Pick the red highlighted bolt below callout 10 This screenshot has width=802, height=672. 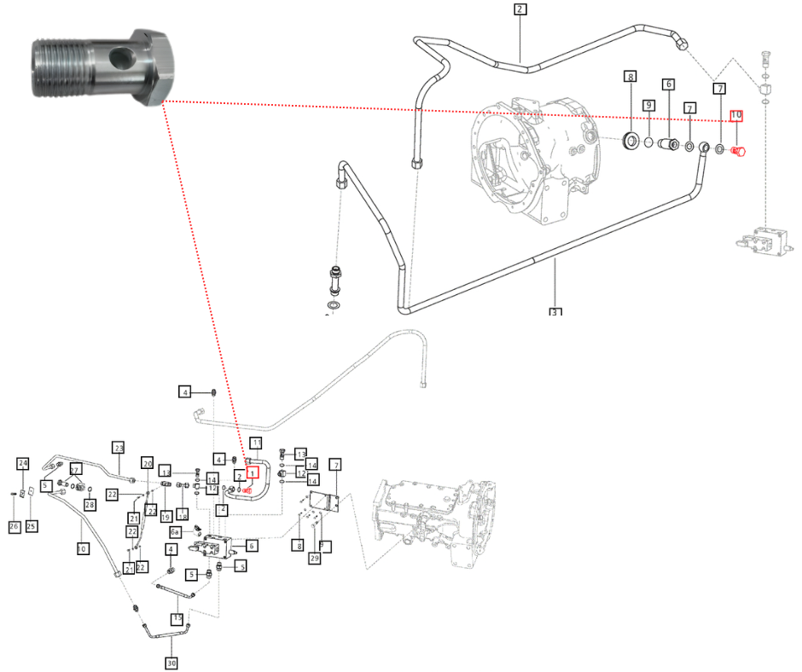tap(739, 151)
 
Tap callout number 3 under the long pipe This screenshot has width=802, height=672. tap(555, 312)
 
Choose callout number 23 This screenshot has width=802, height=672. tap(119, 448)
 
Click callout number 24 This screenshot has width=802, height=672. tap(23, 464)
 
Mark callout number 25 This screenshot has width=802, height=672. tap(32, 525)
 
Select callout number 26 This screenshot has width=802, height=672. tap(14, 526)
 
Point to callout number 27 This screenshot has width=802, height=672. tap(75, 470)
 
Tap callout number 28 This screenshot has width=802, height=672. tap(90, 505)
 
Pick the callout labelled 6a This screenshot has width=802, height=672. tap(175, 531)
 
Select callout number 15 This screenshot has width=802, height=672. tap(177, 618)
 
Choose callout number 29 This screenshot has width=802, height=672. tap(315, 559)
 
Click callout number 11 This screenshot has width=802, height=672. tap(255, 443)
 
